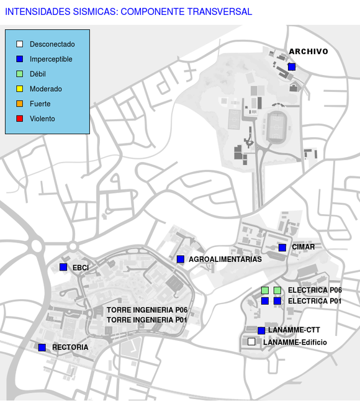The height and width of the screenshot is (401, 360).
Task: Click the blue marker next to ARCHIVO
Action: tap(292, 67)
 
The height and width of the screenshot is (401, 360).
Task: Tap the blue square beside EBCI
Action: tap(63, 267)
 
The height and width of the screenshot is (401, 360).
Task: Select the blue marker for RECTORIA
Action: tap(42, 347)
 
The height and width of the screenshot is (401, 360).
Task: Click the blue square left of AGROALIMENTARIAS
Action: tap(181, 259)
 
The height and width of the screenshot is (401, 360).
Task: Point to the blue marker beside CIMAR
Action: tap(282, 248)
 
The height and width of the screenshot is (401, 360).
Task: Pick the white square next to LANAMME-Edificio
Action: tap(251, 341)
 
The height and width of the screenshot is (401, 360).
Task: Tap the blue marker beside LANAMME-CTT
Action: tap(261, 331)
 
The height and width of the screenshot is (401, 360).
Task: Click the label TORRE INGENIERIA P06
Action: tap(147, 310)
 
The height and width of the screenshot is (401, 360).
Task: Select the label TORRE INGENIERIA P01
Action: tap(147, 320)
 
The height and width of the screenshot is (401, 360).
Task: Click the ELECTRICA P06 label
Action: tap(315, 290)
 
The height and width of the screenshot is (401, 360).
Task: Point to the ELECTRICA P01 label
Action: tap(315, 301)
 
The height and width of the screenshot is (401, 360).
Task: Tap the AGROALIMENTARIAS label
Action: tap(225, 259)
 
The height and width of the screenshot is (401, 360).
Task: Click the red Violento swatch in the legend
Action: tap(20, 119)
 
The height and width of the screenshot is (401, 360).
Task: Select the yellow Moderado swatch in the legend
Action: tap(20, 89)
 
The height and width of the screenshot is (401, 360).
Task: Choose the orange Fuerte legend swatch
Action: tap(20, 104)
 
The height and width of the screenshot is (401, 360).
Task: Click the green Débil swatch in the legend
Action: tap(20, 74)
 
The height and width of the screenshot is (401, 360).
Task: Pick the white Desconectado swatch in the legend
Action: tap(20, 44)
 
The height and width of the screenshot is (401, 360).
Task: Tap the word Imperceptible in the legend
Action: tap(51, 60)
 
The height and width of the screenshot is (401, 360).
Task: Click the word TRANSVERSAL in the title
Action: tap(220, 12)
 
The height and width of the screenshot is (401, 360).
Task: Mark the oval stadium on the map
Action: tap(276, 127)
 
